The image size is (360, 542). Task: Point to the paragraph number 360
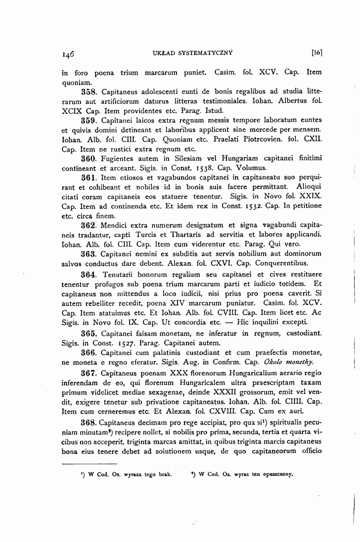coord(90,158)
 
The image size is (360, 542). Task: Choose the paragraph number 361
coord(90,177)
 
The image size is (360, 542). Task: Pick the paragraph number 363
coord(90,254)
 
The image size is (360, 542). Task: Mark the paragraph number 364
coord(90,274)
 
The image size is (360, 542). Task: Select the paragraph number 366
coord(90,352)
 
